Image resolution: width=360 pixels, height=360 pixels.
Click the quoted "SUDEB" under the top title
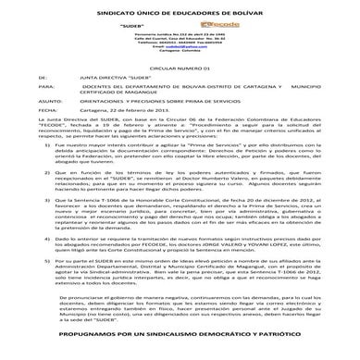175,24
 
